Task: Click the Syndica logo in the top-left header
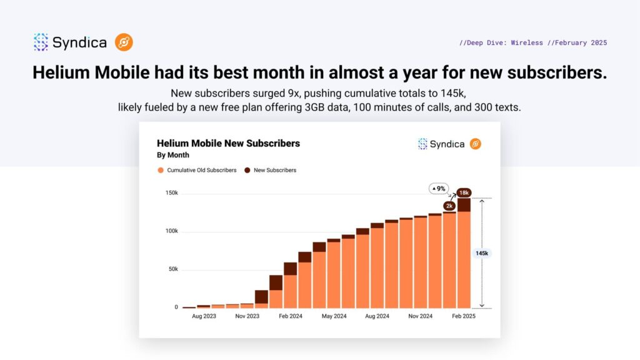click(70, 42)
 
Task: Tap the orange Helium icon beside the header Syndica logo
click(124, 42)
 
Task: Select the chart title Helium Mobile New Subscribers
click(228, 143)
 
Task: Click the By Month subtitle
click(172, 155)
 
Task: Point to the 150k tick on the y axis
click(171, 193)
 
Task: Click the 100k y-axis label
click(171, 231)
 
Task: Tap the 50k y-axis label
click(172, 269)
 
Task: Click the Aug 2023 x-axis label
click(204, 317)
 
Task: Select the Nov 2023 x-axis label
click(247, 317)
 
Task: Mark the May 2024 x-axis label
click(334, 317)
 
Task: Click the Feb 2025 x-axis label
click(463, 317)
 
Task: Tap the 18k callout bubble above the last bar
click(464, 192)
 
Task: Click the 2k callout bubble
click(449, 206)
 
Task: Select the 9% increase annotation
click(439, 188)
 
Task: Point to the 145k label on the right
click(482, 253)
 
